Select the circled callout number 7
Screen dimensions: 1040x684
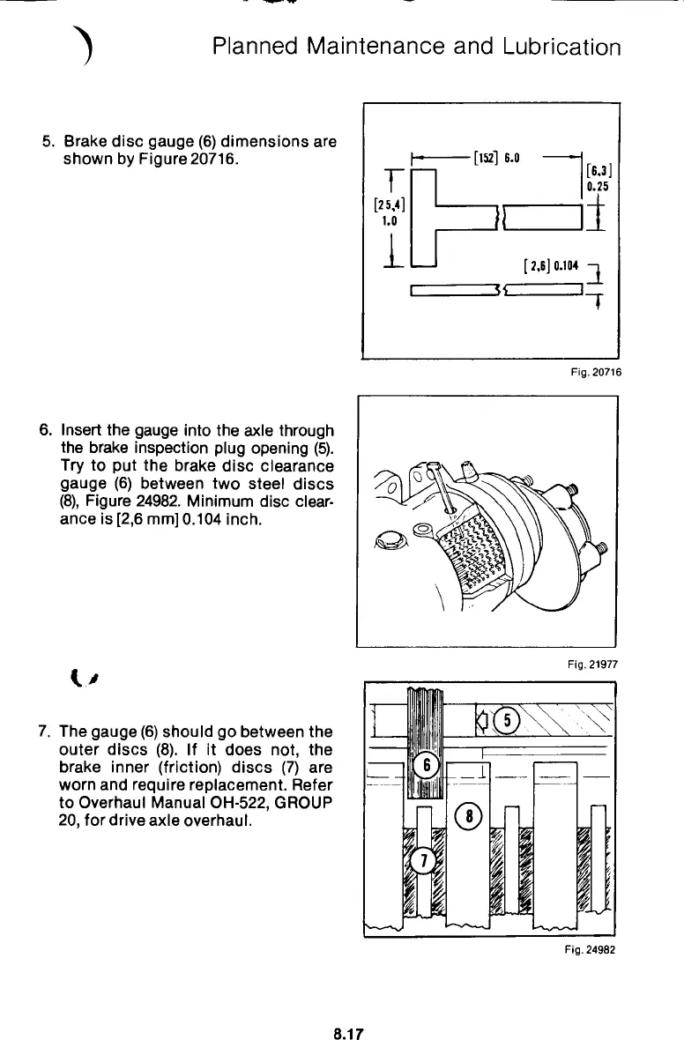tap(423, 861)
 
